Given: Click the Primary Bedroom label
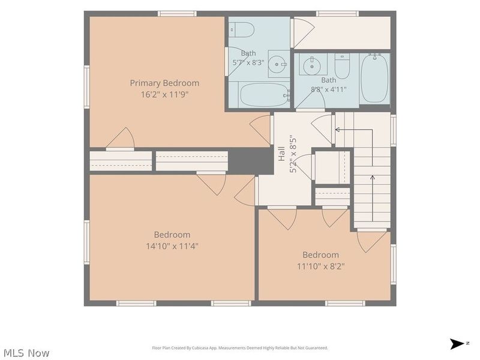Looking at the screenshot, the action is coord(164,83).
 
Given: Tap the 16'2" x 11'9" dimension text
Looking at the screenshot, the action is coord(164,94).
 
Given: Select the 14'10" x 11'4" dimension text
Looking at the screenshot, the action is coord(172,246).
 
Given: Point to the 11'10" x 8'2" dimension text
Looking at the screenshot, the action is coord(320,266).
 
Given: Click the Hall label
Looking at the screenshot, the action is coord(281,154).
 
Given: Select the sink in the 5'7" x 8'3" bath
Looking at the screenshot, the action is coord(279,64).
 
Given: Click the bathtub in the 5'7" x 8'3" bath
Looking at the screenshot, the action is coord(265,95).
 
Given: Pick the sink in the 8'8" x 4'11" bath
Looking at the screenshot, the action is coord(312,64).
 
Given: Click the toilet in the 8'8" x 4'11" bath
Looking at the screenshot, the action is coord(342,66).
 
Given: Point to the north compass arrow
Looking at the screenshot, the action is coord(457,344).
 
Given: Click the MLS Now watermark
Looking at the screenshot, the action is coord(26,353).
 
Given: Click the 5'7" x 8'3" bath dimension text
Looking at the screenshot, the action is coord(248,63).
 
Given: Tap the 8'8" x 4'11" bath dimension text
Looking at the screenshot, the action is coord(328,89).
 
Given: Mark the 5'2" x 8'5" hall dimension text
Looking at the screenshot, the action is coord(293,154).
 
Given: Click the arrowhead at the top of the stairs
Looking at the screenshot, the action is coord(338,130).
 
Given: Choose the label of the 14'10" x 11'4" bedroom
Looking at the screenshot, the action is coord(172,235).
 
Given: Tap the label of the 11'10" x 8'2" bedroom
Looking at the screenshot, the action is coord(320,255).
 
